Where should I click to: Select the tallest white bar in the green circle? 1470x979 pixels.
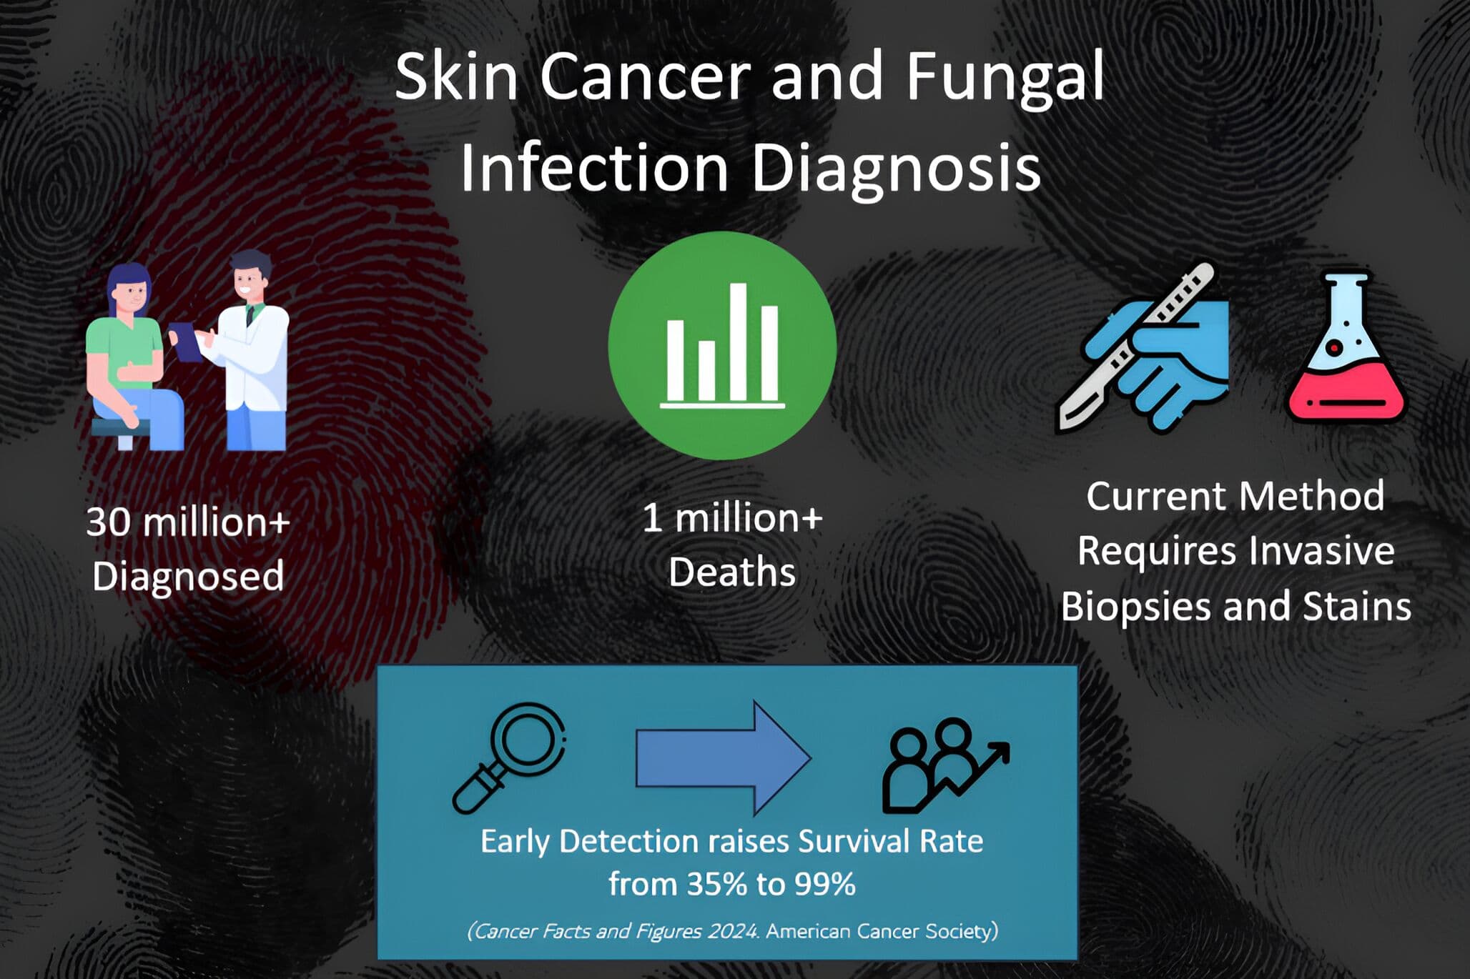739,342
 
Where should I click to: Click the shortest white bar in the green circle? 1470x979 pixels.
706,371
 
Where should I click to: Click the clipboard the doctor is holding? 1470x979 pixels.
187,342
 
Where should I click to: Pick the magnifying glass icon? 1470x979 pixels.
509,757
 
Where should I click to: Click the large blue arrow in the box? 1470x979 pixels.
723,757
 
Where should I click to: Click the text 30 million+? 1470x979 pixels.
188,522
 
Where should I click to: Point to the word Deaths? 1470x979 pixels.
732,572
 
